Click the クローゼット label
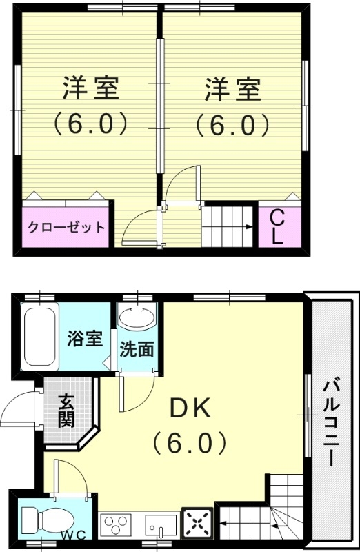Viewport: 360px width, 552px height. (66, 227)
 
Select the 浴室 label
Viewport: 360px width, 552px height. (85, 339)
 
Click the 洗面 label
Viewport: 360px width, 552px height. (137, 350)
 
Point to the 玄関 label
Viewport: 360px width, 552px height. (66, 410)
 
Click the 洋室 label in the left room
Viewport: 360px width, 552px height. (91, 90)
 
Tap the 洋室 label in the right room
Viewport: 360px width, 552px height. (232, 90)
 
